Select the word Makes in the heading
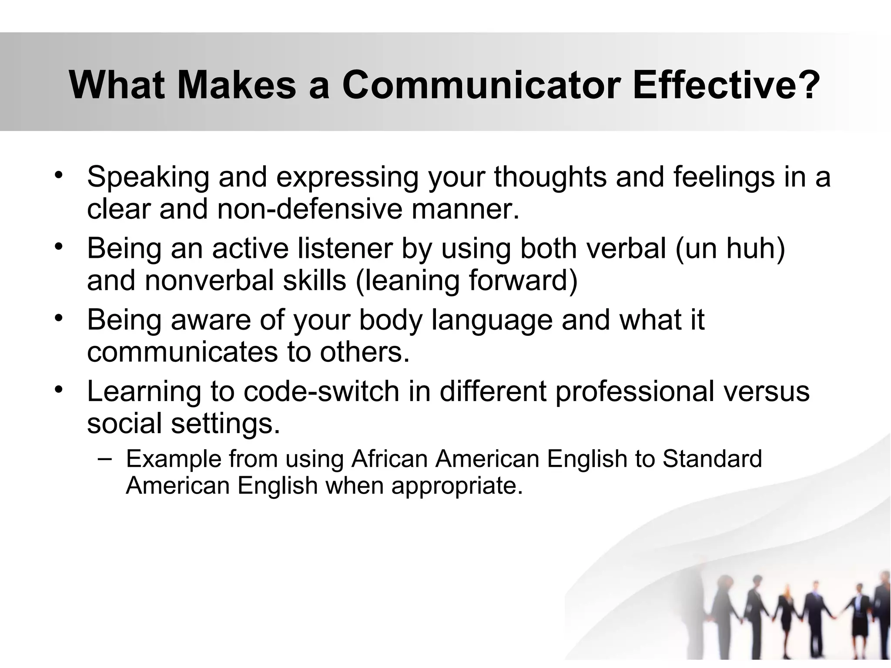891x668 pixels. [x=237, y=85]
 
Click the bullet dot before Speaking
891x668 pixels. [x=59, y=175]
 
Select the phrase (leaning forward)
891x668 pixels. [x=466, y=281]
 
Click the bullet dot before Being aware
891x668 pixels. [x=59, y=318]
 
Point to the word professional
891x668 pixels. [x=635, y=391]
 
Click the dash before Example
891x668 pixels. [x=104, y=458]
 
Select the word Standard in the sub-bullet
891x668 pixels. [x=712, y=459]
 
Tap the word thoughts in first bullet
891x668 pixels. [x=550, y=177]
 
